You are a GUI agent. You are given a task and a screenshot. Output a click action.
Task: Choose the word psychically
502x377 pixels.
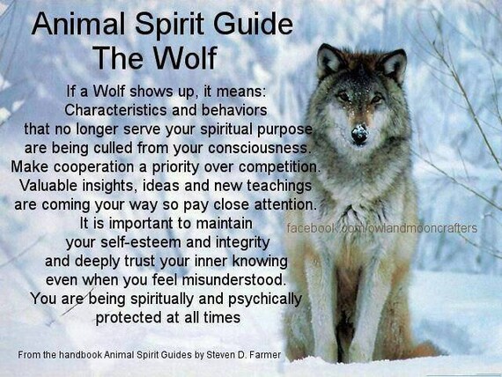[x=264, y=299]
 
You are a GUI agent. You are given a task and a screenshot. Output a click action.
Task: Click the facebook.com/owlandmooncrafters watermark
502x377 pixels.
[x=382, y=228]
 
